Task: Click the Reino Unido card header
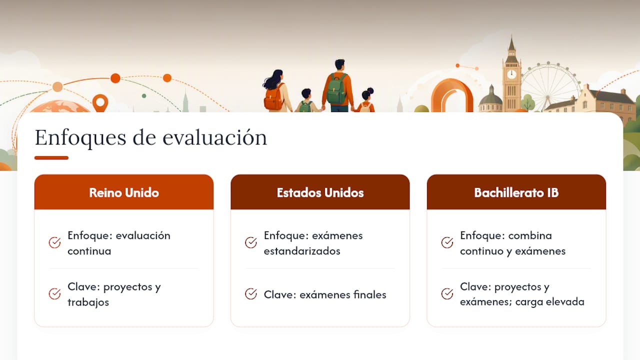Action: click(123, 192)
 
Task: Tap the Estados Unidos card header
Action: click(320, 192)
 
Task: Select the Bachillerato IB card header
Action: click(516, 192)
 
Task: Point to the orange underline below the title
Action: click(51, 157)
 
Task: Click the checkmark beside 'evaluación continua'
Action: click(54, 242)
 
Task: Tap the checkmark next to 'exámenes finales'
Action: click(251, 293)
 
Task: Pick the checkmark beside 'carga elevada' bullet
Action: click(447, 293)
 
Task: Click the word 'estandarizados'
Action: click(302, 251)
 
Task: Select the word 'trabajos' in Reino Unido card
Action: click(88, 302)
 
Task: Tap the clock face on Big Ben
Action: click(511, 74)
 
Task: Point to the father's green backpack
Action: click(336, 88)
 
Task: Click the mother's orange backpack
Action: click(273, 97)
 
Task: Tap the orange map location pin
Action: click(100, 103)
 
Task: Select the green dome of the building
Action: click(491, 98)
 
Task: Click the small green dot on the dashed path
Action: click(144, 96)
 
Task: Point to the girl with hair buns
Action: click(366, 100)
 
